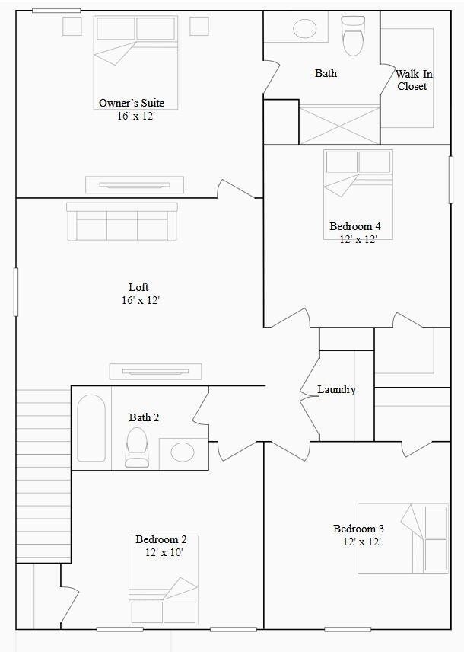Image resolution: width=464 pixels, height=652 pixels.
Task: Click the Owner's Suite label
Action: click(132, 103)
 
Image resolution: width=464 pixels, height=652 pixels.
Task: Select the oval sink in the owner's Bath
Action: click(304, 30)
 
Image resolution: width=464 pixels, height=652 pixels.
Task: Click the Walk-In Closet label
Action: click(413, 80)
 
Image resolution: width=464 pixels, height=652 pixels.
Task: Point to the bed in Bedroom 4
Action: click(358, 183)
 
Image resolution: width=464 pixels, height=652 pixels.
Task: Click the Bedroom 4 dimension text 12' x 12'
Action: click(358, 238)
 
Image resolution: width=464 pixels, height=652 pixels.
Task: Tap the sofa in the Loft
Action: click(122, 222)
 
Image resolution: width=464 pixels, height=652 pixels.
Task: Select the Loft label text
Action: click(138, 287)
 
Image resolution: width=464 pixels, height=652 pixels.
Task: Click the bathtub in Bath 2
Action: click(91, 428)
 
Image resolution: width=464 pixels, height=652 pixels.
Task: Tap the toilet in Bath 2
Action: click(137, 447)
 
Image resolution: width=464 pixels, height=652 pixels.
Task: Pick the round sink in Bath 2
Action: click(183, 452)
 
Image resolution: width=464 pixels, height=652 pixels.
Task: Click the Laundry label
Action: click(336, 389)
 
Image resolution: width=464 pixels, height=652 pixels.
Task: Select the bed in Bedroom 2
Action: click(163, 590)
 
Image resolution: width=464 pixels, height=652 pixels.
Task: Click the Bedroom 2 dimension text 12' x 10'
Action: click(164, 552)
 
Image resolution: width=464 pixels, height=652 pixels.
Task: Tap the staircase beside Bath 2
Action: click(43, 476)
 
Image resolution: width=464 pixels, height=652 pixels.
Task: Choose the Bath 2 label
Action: click(144, 417)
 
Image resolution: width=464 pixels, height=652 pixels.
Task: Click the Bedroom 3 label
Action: click(358, 529)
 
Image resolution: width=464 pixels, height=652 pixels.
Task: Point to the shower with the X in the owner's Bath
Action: click(338, 124)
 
